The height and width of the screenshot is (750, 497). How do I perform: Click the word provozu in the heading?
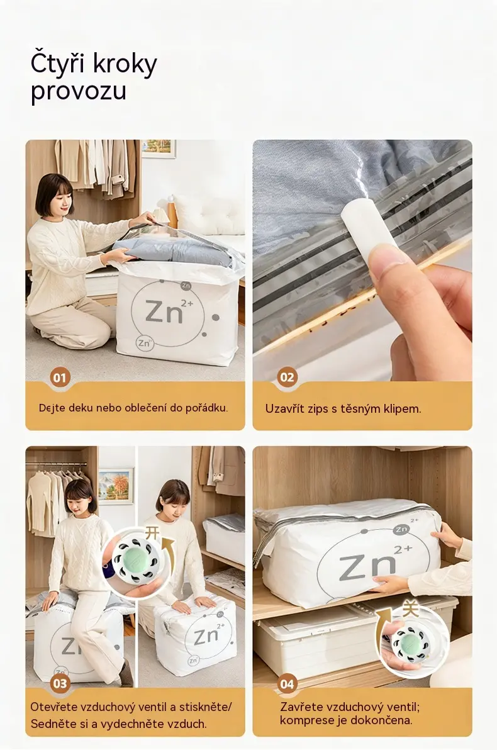[79, 91]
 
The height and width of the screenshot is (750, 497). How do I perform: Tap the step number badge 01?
[59, 378]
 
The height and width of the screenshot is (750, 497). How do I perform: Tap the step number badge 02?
[286, 378]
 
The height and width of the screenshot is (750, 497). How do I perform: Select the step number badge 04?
[286, 684]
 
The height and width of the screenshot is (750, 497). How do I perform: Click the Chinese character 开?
[152, 533]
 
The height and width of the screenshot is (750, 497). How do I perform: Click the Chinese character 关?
[410, 609]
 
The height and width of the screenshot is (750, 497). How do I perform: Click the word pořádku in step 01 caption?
[206, 408]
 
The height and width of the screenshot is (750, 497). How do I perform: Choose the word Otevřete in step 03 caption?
[54, 707]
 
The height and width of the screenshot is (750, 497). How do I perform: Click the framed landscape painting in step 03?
[116, 486]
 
